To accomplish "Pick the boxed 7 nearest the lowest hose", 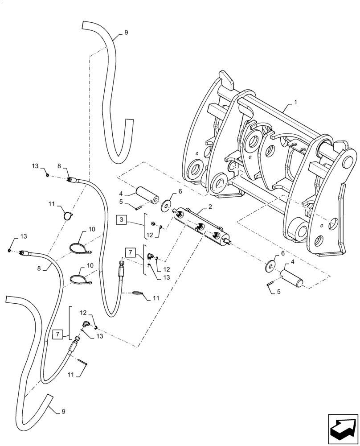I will (57, 333).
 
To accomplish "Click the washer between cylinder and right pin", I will (270, 266).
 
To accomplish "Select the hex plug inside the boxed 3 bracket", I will (153, 223).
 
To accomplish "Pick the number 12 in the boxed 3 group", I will (150, 235).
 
